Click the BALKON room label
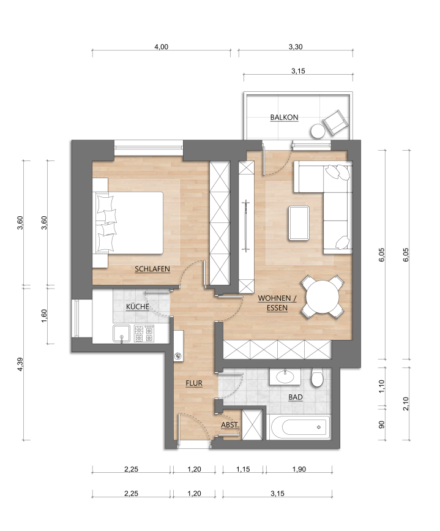[x=285, y=118]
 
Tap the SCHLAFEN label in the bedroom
[x=152, y=269]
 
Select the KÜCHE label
[x=138, y=306]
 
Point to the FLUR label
[x=194, y=383]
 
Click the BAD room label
[x=296, y=397]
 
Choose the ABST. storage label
[x=230, y=424]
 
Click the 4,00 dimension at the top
[x=162, y=47]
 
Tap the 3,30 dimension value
[x=296, y=47]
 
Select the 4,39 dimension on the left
[x=20, y=364]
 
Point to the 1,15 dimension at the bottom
[x=243, y=469]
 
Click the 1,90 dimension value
[x=299, y=469]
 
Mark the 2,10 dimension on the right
[x=406, y=404]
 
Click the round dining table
[x=323, y=297]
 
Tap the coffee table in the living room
[x=299, y=223]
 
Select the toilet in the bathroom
[x=318, y=378]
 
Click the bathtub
[x=300, y=427]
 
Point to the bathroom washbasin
[x=285, y=376]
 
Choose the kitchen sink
[x=122, y=334]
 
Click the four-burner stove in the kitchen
[x=144, y=334]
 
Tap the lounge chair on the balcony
[x=336, y=122]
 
